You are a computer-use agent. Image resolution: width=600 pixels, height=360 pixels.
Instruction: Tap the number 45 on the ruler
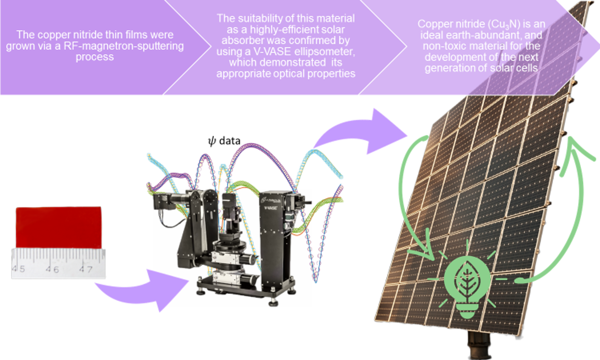tap(19, 269)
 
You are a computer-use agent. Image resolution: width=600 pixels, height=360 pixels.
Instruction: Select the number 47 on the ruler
tap(86, 269)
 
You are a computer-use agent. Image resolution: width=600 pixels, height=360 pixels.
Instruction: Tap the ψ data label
tap(221, 142)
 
